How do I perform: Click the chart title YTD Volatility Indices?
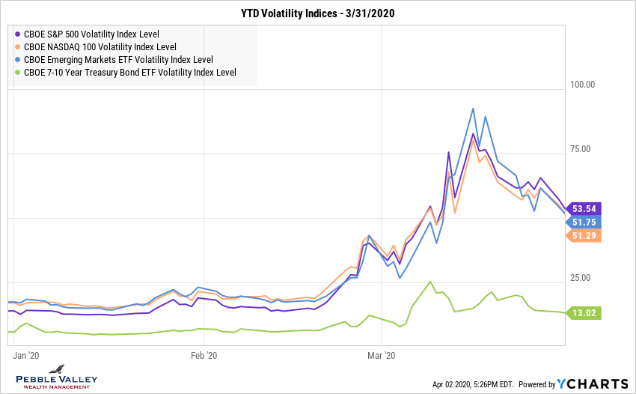(x=317, y=13)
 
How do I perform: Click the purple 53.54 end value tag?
(x=584, y=208)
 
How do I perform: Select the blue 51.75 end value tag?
(x=584, y=222)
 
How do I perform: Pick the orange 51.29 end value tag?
(x=584, y=236)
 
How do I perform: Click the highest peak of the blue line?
(x=473, y=109)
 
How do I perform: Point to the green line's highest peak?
(x=429, y=282)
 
